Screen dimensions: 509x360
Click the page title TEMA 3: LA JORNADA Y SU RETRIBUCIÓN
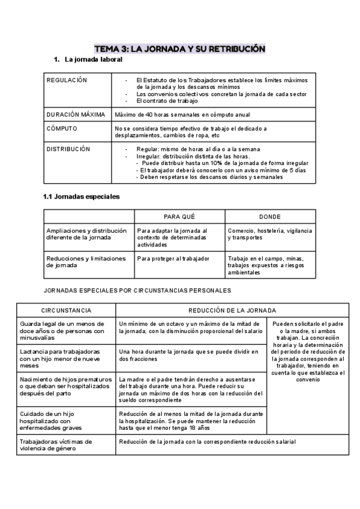pos(180,48)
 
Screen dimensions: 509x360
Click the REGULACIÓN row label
pos(67,80)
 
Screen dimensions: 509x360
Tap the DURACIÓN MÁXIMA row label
pos(76,115)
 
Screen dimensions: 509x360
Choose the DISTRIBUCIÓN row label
pos(68,149)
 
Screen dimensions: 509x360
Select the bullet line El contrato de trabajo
pos(161,101)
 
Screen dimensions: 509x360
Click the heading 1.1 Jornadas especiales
pos(81,196)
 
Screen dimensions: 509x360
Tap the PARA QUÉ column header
pos(179,217)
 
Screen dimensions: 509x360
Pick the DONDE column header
pos(269,217)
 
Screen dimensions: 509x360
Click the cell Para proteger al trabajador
pos(173,259)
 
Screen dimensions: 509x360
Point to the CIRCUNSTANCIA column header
pos(66,310)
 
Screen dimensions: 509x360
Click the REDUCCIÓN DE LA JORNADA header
pos(232,310)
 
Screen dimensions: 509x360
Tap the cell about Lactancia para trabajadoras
pos(66,355)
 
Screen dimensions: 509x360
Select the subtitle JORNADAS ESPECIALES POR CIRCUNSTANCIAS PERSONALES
pos(137,291)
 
